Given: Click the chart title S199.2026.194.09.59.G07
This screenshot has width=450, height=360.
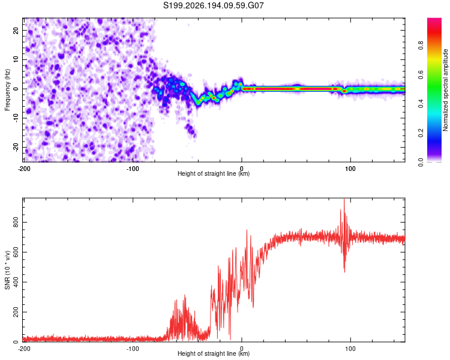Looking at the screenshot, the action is point(213,5).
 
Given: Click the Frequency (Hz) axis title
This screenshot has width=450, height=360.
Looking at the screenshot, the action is point(7,90).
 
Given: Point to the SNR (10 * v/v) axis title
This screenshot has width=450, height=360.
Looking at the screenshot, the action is point(7,270).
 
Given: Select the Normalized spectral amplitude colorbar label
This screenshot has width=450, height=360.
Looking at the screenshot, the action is point(445,90).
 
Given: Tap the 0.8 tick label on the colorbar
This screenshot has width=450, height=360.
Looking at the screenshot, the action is point(421,46).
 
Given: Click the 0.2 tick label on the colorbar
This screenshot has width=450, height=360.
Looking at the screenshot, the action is point(421,133).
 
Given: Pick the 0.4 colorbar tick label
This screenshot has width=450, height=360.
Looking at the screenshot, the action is point(421,104).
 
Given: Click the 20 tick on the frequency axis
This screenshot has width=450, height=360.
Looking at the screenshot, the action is point(16,31).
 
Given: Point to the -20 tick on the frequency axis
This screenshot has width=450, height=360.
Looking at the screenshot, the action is point(16,148).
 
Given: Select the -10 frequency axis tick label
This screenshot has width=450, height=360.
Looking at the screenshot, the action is point(16,118).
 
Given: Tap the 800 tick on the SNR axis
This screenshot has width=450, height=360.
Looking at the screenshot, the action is point(16,222).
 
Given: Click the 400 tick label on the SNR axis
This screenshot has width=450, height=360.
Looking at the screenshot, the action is point(16,282).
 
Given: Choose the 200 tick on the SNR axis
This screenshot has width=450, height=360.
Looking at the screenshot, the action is point(16,312).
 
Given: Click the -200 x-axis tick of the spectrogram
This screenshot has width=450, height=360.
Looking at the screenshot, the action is point(24,169).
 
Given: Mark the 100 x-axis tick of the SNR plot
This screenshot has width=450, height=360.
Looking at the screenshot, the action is point(350,349).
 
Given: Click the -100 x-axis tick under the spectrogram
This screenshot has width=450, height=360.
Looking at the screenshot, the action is point(133,169).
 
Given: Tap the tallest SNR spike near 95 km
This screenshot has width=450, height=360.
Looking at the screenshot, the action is point(344,199).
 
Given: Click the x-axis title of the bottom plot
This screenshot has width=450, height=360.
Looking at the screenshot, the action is point(214,353).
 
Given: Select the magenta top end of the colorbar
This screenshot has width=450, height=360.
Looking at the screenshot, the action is point(434,20).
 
